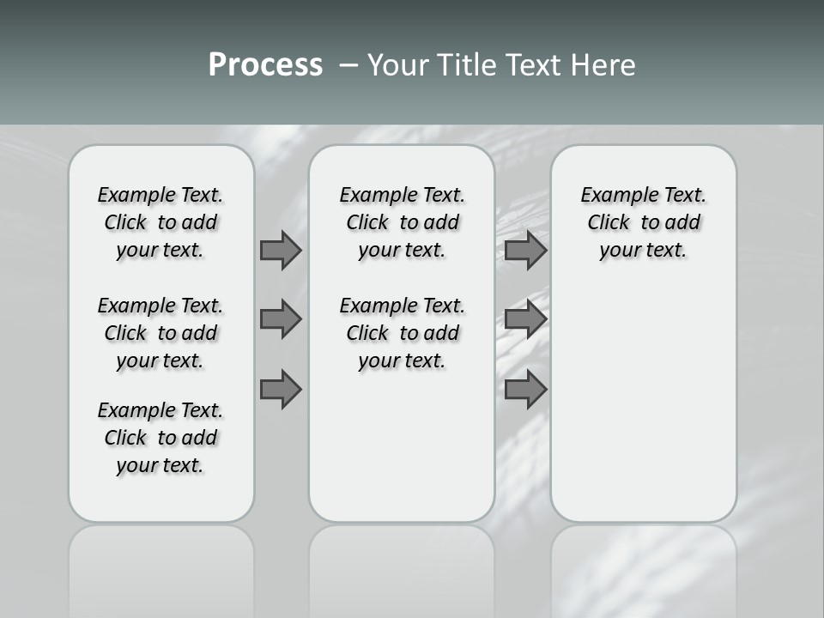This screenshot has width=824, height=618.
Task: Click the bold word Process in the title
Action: click(x=265, y=65)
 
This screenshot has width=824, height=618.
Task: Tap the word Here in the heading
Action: click(x=604, y=65)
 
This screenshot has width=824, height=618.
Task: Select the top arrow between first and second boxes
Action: click(x=281, y=250)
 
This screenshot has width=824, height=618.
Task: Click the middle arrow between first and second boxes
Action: click(x=281, y=319)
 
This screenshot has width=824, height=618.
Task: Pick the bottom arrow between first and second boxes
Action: click(x=281, y=390)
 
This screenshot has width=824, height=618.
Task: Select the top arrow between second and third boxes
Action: click(x=525, y=250)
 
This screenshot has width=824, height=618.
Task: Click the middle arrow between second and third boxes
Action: click(x=525, y=319)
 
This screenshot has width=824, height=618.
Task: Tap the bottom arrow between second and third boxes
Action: click(x=525, y=390)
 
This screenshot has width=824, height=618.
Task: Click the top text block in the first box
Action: click(x=161, y=222)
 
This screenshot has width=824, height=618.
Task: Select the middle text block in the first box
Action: click(x=161, y=333)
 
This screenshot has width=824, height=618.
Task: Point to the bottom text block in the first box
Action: click(x=161, y=438)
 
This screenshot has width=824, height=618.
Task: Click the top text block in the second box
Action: click(x=402, y=222)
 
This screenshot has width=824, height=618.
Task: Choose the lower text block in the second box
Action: click(x=402, y=333)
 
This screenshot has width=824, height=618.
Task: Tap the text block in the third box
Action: click(x=643, y=222)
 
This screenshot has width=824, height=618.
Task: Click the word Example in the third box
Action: click(x=612, y=196)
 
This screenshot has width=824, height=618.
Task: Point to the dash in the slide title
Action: click(x=348, y=65)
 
